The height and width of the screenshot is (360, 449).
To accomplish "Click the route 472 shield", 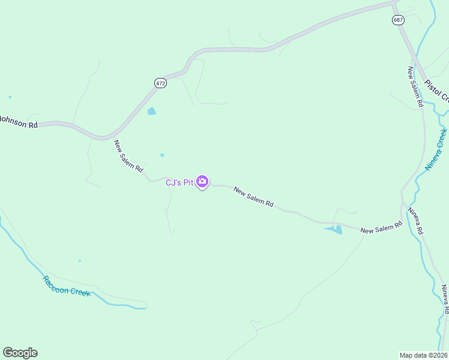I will coord(160,83).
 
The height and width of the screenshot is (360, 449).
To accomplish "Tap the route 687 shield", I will coord(399,20).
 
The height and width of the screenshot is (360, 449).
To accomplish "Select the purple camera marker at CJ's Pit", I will coord(202,181).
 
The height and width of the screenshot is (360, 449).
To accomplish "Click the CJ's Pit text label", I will coord(179,182).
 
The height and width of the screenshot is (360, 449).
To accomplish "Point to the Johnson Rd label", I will coord(19,121).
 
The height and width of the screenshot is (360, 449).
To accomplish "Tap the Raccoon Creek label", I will coord(66,286).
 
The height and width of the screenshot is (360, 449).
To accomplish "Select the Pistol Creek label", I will coord(436,90).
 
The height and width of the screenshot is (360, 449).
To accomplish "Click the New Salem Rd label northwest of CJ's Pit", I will coord(128,157).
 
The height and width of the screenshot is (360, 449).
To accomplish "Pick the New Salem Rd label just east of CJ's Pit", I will coord(253,197).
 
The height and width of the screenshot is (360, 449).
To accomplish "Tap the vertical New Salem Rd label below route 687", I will coord(415,86).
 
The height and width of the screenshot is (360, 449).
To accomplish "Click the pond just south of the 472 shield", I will coord(152,111).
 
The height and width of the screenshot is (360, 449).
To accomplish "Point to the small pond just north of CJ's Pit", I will coord(162,155).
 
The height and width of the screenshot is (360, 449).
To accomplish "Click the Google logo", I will coord(20,353).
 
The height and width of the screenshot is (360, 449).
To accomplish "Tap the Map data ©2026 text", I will coord(423,355).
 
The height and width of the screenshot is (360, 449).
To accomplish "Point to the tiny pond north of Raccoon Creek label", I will coord(80,260).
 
